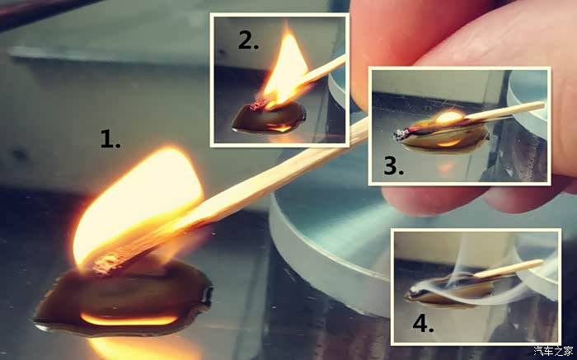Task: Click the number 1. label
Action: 110,140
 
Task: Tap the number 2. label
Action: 248,40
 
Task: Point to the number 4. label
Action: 423,323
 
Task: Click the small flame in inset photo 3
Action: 450,117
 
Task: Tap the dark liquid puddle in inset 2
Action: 269,119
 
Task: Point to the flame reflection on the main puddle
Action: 129,320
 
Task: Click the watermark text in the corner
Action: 553,351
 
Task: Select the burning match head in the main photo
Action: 106,264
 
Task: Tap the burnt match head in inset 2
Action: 256,106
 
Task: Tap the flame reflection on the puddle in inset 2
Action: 279,128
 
